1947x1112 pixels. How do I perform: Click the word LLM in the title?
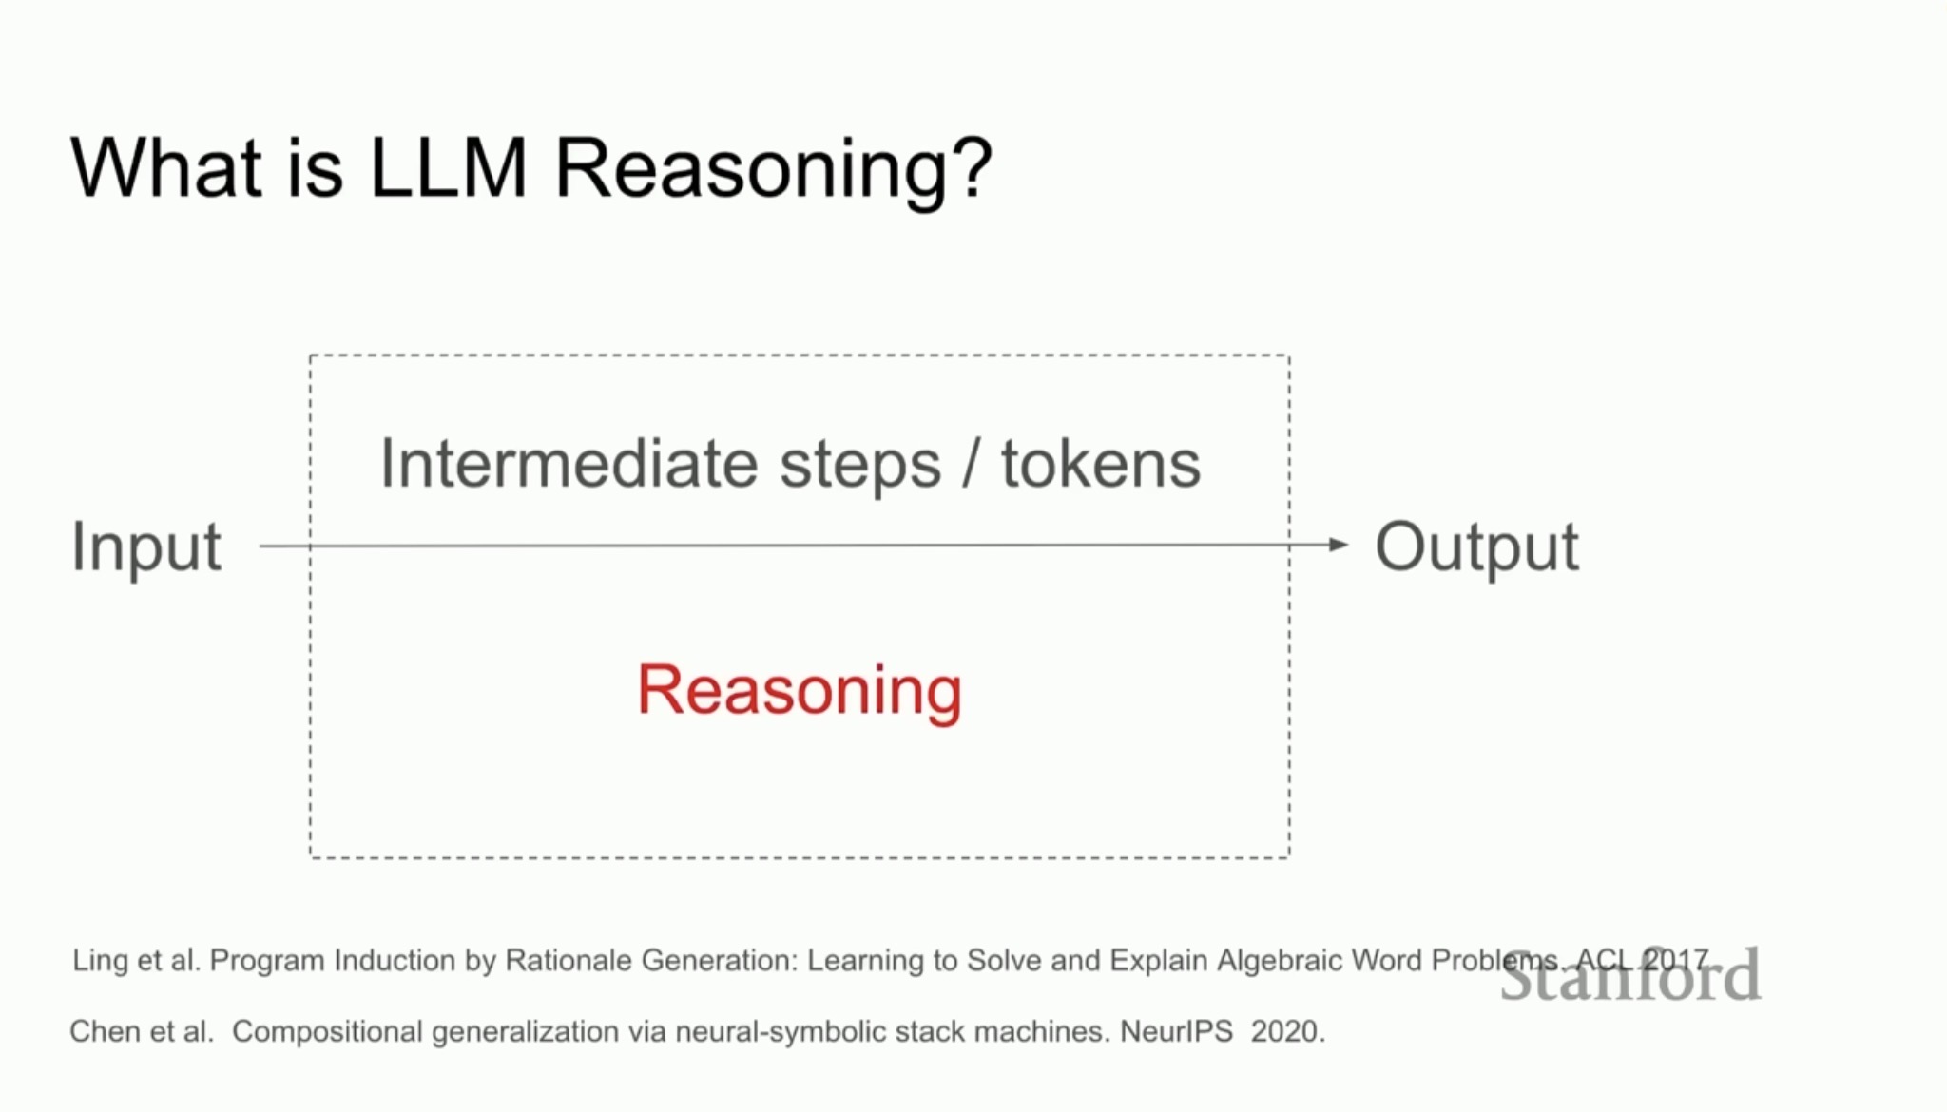pos(448,167)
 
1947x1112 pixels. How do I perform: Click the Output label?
pos(1477,546)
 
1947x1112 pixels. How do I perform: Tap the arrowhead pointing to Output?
pos(1339,545)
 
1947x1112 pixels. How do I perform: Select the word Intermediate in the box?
pos(568,463)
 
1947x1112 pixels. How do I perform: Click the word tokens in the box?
pos(1101,463)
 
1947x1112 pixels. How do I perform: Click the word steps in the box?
pos(860,467)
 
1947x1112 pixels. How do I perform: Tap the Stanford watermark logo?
pos(1630,976)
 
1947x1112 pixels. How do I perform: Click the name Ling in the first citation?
pos(100,961)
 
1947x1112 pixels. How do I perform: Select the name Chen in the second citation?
pos(103,1031)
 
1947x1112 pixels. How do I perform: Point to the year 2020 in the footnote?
pos(1287,1031)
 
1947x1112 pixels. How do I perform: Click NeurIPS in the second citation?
pos(1176,1031)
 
